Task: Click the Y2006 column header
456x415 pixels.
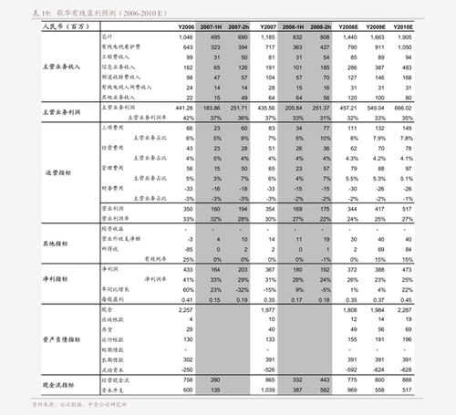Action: (x=186, y=28)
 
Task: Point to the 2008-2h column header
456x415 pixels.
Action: (x=320, y=28)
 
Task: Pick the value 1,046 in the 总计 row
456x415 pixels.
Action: (x=186, y=37)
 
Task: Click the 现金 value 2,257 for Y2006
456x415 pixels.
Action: (x=185, y=311)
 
